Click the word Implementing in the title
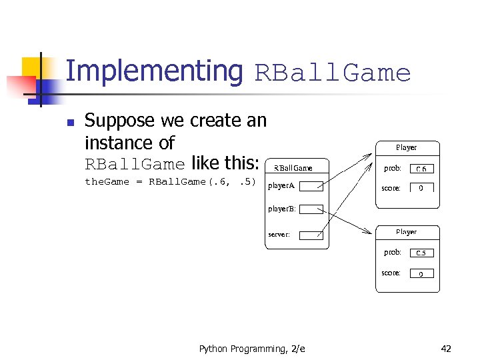[x=155, y=71]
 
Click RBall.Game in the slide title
[x=333, y=73]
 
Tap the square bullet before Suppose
[x=70, y=122]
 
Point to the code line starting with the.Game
[x=170, y=182]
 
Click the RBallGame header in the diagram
[x=293, y=168]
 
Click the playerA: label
[x=282, y=186]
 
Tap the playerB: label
[x=282, y=209]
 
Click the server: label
[x=279, y=235]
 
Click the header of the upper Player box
[x=406, y=147]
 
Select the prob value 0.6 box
[x=421, y=169]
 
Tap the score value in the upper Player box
[x=421, y=188]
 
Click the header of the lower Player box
[x=406, y=232]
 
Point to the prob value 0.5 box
[x=421, y=253]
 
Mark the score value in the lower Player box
[x=421, y=273]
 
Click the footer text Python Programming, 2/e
[x=252, y=349]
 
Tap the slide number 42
[x=446, y=349]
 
